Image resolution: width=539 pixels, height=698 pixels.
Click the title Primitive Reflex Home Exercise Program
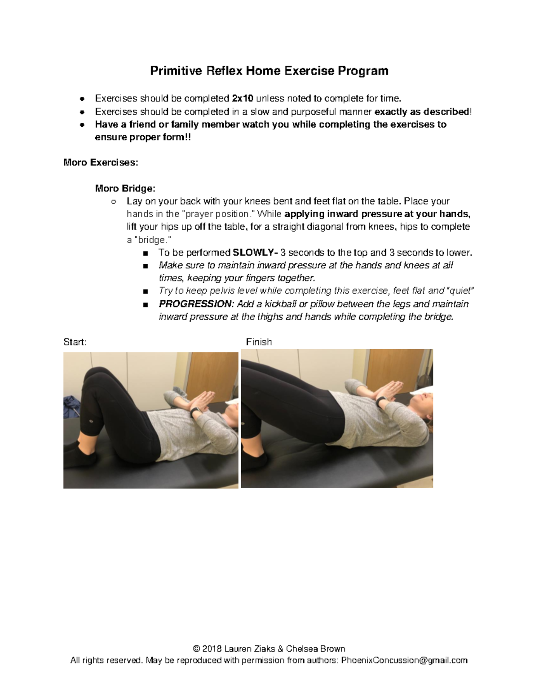[x=269, y=71]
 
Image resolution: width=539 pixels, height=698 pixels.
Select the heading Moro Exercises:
[x=101, y=162]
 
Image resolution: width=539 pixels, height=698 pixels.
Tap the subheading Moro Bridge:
[x=125, y=188]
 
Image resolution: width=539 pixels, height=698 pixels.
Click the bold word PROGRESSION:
[x=196, y=304]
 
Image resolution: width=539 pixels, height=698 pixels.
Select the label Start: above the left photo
[x=75, y=342]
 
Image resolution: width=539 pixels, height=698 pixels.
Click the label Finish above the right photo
[x=259, y=342]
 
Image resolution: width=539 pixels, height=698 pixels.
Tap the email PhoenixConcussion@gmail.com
[x=404, y=660]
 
